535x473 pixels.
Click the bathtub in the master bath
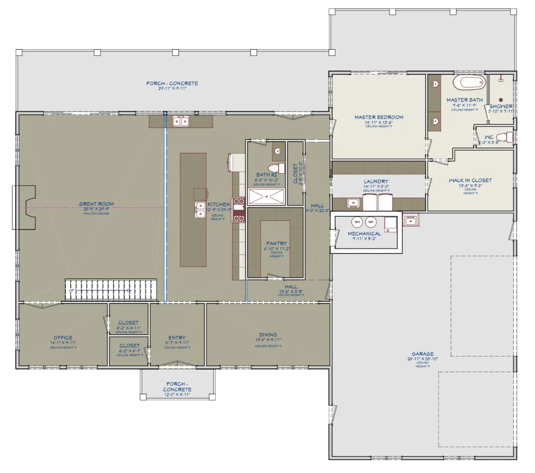pyautogui.click(x=468, y=83)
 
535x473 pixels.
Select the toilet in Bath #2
pyautogui.click(x=279, y=168)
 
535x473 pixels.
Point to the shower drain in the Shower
pyautogui.click(x=500, y=99)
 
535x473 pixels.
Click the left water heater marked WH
pyautogui.click(x=357, y=222)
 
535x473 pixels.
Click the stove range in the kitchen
pyautogui.click(x=238, y=210)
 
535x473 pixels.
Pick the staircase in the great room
pyautogui.click(x=110, y=289)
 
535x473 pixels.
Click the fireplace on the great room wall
pyautogui.click(x=24, y=207)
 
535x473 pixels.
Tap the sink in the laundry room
pyautogui.click(x=353, y=203)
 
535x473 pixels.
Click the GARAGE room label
pyautogui.click(x=422, y=354)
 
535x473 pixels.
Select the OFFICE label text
pyautogui.click(x=63, y=338)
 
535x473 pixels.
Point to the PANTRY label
pyautogui.click(x=276, y=243)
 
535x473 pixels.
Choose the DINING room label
pyautogui.click(x=268, y=335)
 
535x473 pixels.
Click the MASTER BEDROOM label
pyautogui.click(x=379, y=117)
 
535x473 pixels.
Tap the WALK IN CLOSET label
pyautogui.click(x=470, y=180)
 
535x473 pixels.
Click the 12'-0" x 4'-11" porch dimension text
pyautogui.click(x=177, y=395)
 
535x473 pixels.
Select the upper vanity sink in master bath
pyautogui.click(x=435, y=84)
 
